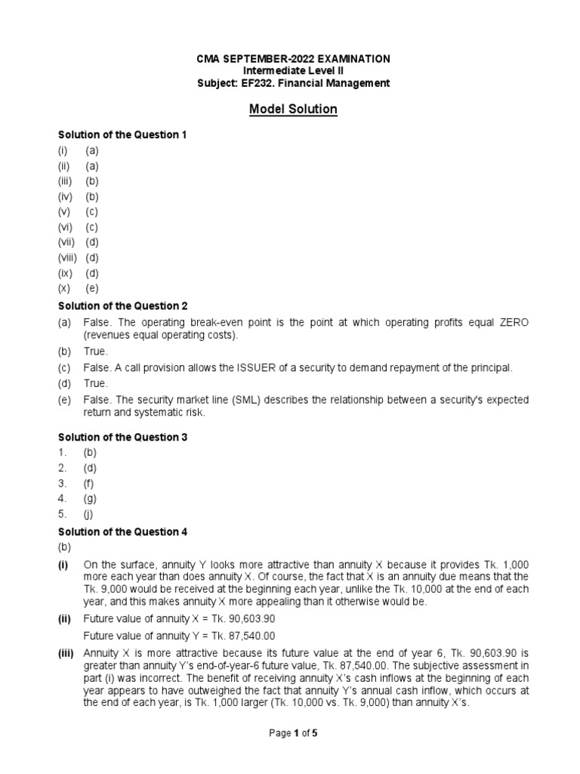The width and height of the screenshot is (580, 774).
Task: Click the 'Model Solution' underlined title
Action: [294, 110]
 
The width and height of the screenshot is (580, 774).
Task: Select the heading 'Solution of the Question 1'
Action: [122, 135]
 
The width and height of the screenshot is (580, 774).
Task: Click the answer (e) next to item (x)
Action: [91, 288]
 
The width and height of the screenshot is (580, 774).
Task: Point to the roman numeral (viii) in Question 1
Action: [69, 258]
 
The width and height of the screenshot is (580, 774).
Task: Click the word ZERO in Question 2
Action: [514, 323]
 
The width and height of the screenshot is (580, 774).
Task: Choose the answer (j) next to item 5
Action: [90, 514]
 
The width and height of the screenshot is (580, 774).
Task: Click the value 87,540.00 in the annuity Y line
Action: [249, 636]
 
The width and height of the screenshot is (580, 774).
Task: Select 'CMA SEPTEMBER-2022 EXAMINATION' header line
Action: [294, 58]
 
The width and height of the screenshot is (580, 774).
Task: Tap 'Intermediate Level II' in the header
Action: [294, 71]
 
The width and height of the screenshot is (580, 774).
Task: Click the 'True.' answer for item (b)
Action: [96, 351]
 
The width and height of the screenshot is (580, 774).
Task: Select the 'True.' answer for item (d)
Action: [96, 383]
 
